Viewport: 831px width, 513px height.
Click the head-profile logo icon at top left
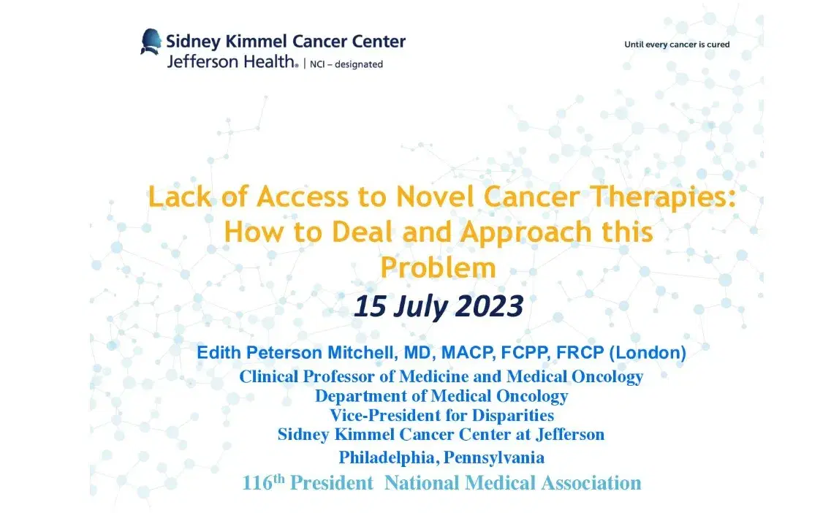151,42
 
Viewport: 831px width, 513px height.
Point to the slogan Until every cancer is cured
677,45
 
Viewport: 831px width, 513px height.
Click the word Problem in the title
438,267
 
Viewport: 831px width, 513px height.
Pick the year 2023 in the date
490,307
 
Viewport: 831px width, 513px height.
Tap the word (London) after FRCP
648,353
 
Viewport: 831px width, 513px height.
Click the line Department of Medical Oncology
441,396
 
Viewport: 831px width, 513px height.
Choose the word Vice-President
387,415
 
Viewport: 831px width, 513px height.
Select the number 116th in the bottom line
262,482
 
